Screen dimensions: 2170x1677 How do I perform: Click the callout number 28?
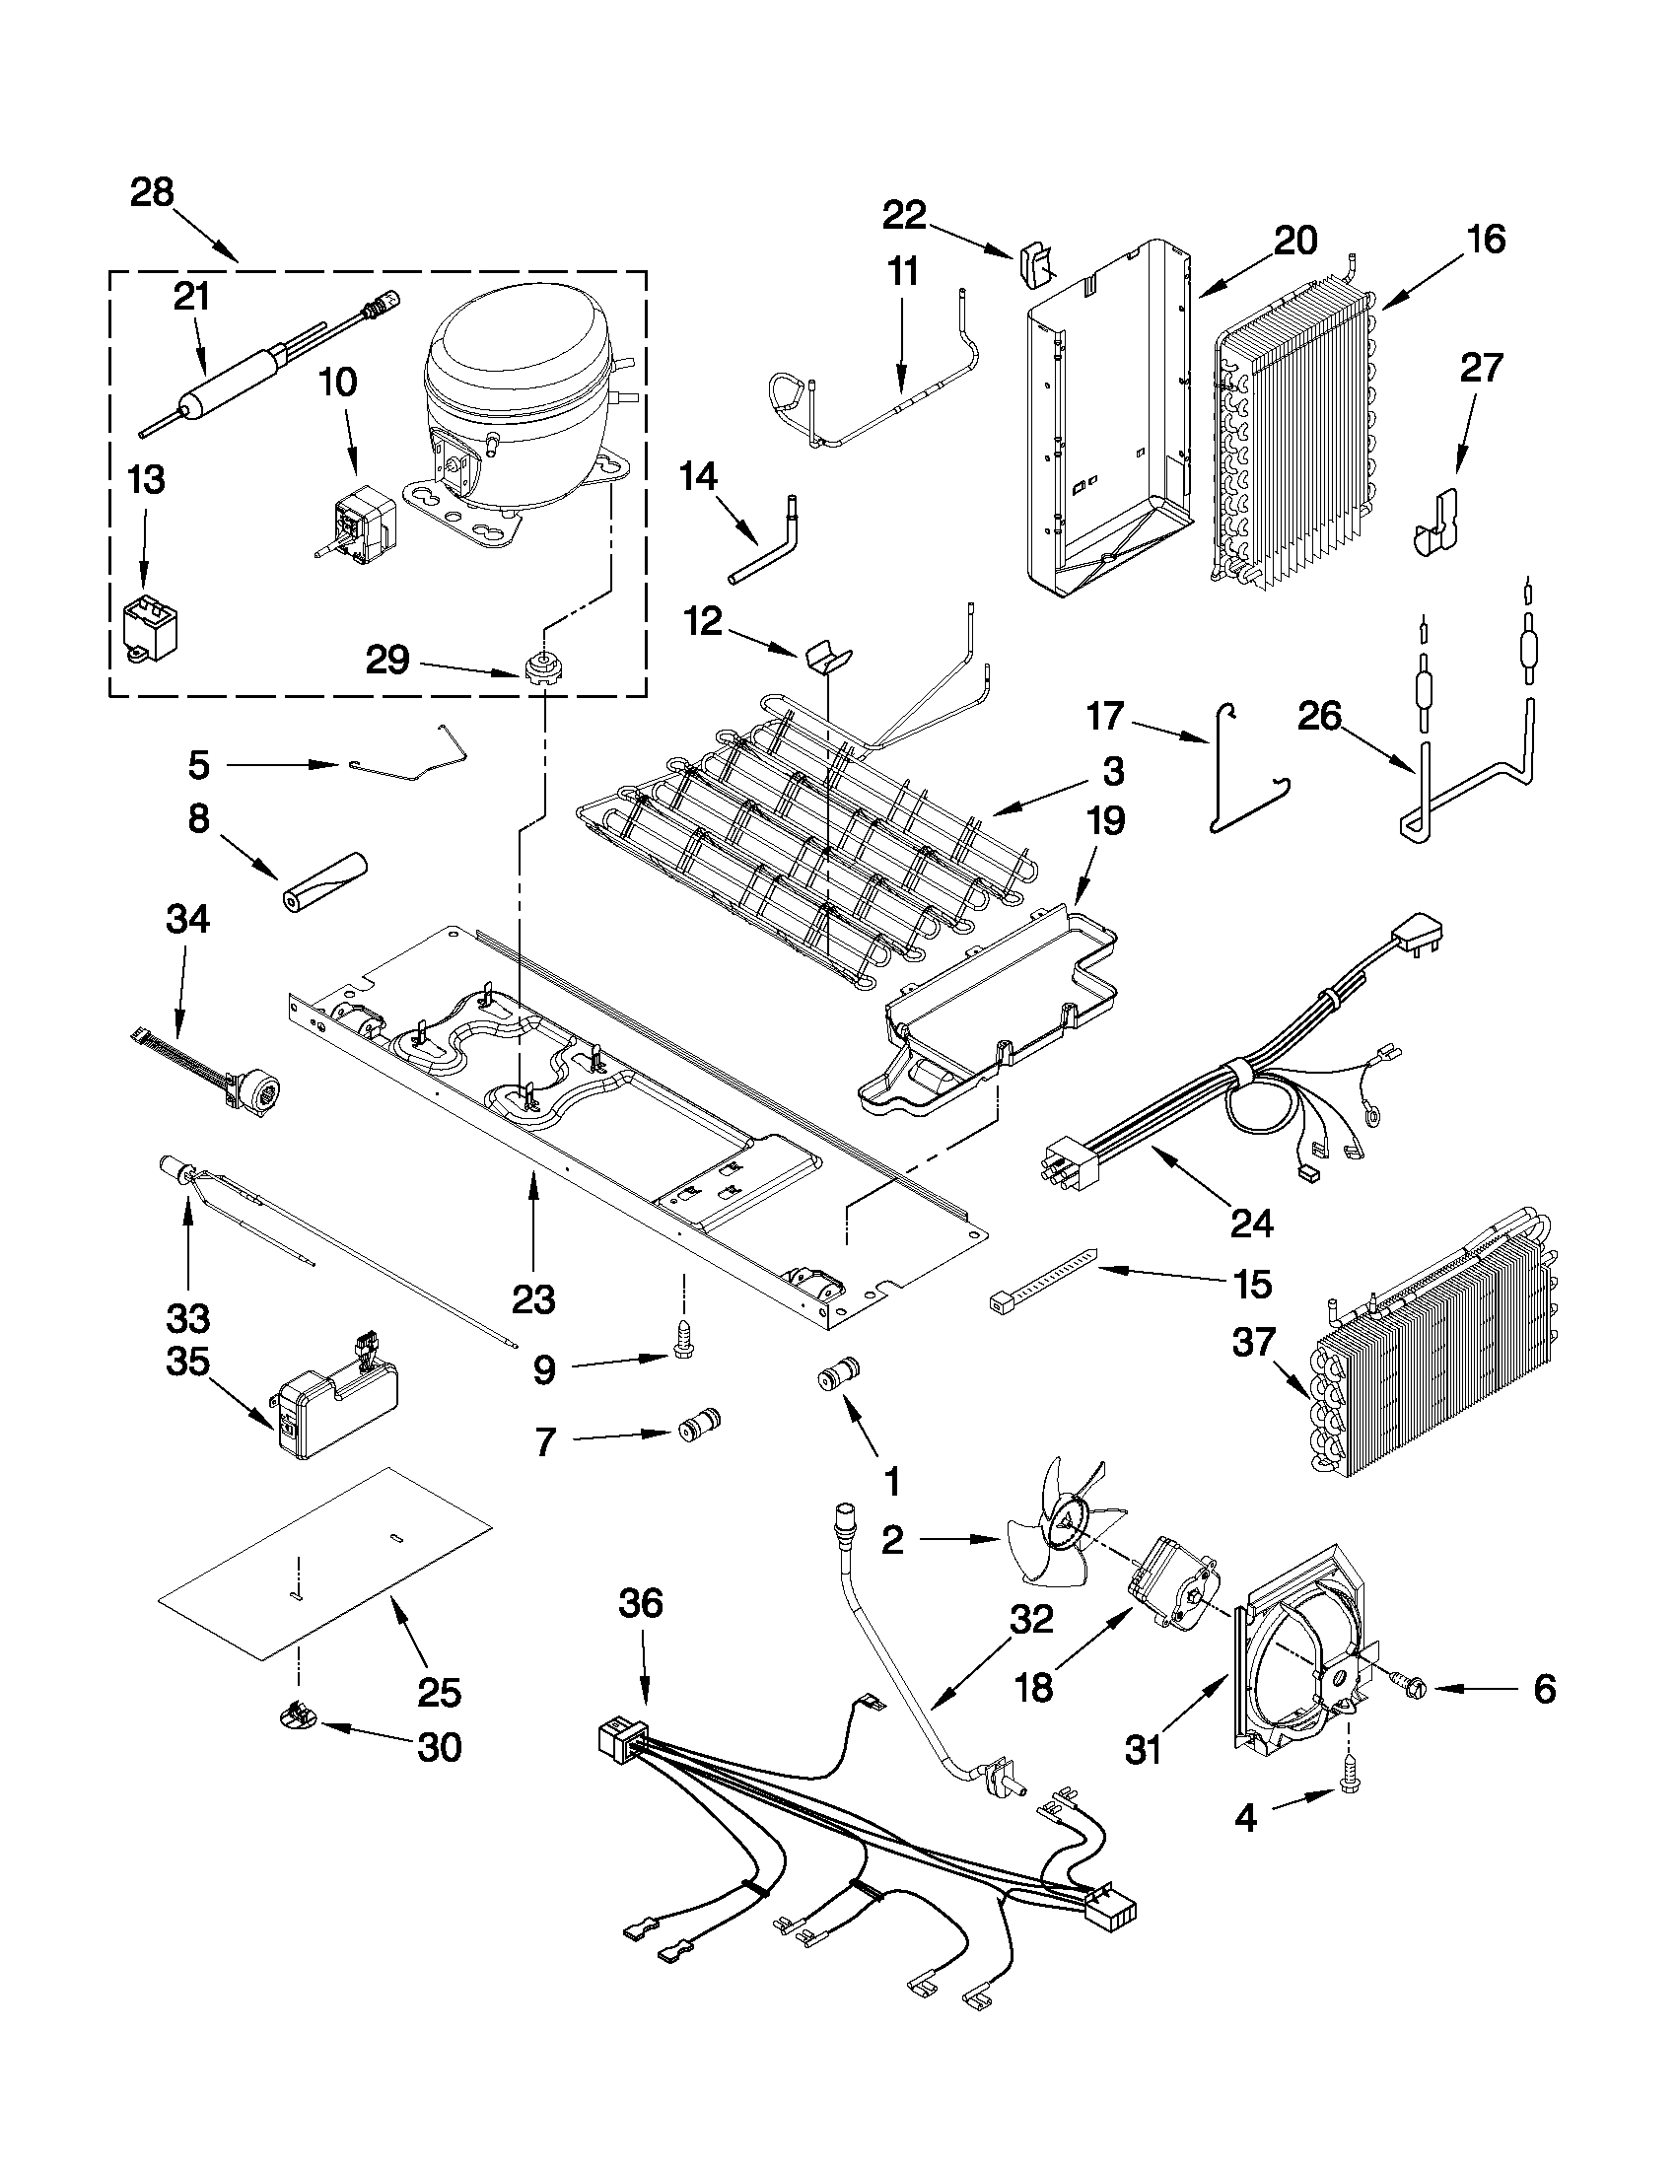click(152, 193)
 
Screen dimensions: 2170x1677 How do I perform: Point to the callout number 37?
click(1253, 1343)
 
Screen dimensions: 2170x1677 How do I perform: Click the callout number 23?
click(533, 1299)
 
